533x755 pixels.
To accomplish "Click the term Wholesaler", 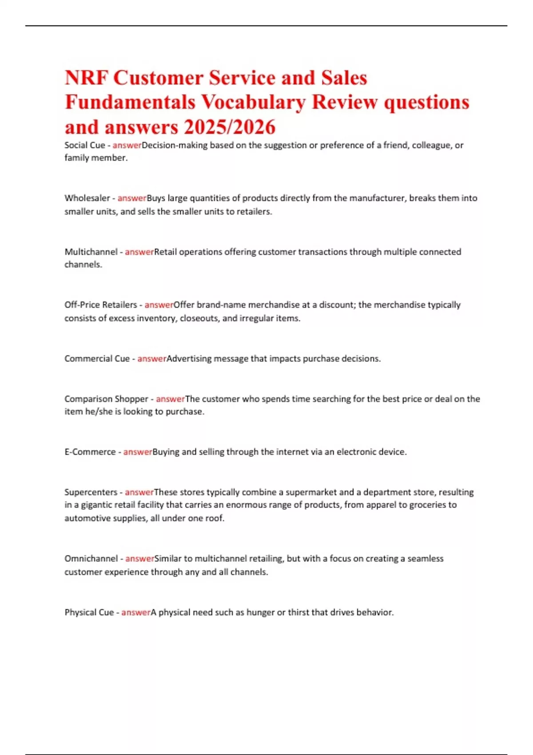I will tap(87, 198).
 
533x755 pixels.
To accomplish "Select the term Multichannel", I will tap(91, 252).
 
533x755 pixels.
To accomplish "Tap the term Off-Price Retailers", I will tap(101, 305).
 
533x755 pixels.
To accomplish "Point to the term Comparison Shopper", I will tap(106, 399).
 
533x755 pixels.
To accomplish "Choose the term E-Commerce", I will tap(90, 452).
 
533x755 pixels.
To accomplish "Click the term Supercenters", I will tap(91, 492).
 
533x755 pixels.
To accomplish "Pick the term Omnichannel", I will tap(91, 559).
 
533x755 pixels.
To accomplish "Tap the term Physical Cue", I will tap(89, 612).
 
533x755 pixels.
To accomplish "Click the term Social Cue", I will tap(85, 145).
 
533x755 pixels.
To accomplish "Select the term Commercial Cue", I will tap(97, 359).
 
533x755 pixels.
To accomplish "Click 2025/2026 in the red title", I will tap(230, 127).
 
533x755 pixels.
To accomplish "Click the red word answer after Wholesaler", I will tap(132, 198).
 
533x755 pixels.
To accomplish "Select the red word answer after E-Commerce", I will tap(138, 452).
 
